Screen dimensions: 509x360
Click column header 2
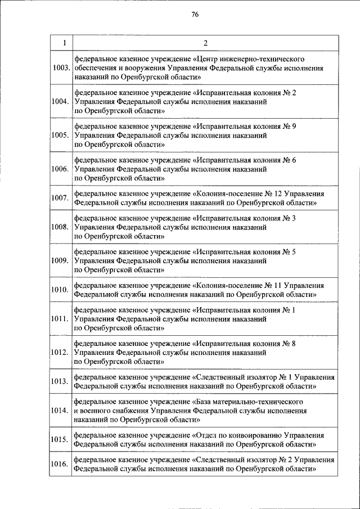(x=205, y=43)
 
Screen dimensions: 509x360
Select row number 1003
(x=60, y=68)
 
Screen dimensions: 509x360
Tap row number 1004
(x=60, y=102)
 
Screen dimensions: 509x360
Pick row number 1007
(x=60, y=197)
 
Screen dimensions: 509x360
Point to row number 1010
(x=60, y=290)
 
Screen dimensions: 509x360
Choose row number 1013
(x=60, y=382)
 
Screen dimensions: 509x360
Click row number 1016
(x=60, y=464)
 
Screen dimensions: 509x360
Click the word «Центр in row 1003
(x=206, y=58)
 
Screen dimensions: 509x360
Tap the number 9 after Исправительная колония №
(x=294, y=126)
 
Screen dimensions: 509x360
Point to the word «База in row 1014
(x=205, y=402)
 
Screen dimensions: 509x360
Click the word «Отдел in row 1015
(x=207, y=435)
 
